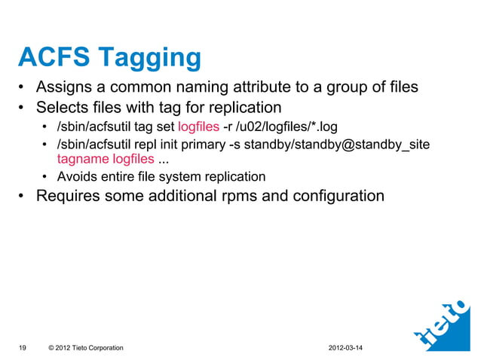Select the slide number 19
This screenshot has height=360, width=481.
tap(23, 347)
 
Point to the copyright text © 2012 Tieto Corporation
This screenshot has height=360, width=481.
tap(85, 347)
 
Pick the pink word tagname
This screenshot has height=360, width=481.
tap(83, 159)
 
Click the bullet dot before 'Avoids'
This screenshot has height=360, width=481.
tap(46, 178)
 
